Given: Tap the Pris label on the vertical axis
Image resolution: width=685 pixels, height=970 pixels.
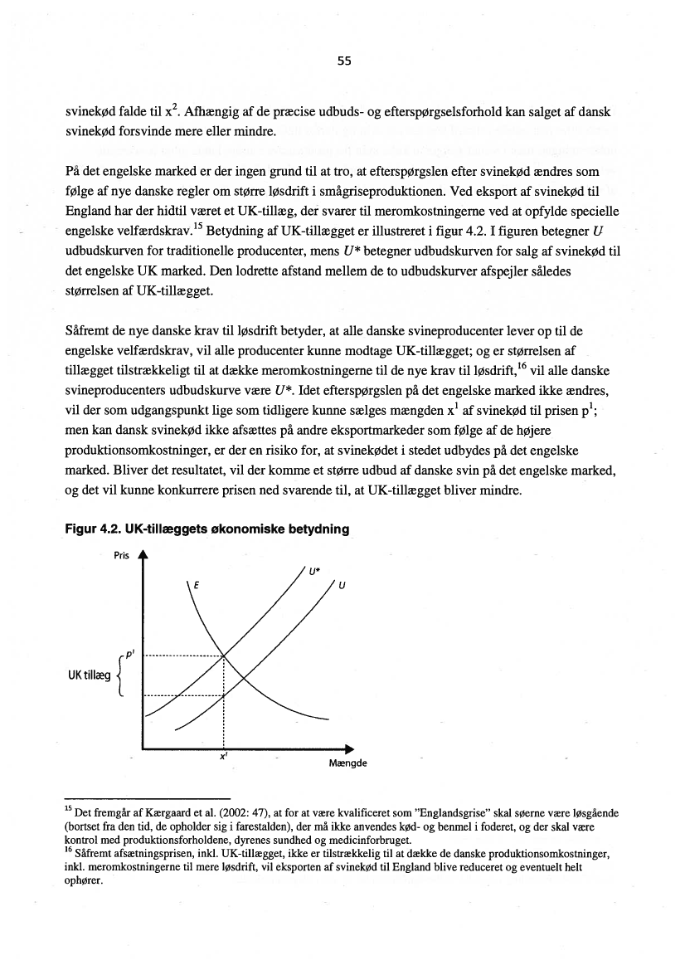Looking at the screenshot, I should (x=121, y=557).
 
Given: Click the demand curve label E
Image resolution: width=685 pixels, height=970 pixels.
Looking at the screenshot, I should (x=195, y=586).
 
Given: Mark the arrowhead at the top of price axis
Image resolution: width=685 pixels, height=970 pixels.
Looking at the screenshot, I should (x=143, y=557).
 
